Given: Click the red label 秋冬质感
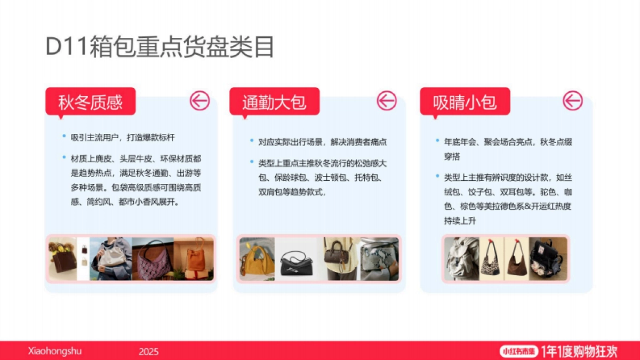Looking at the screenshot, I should click(x=90, y=101).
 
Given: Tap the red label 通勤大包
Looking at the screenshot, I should click(x=274, y=101).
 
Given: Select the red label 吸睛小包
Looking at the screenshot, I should click(x=465, y=101).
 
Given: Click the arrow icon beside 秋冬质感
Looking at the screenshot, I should click(x=200, y=100).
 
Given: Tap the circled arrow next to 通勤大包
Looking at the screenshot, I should click(x=387, y=100).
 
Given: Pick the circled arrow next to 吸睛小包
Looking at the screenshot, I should click(x=573, y=100).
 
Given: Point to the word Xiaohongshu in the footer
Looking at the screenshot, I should click(x=54, y=351).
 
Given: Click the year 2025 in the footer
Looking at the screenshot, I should click(x=148, y=351).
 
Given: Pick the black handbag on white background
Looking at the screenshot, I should click(x=299, y=260).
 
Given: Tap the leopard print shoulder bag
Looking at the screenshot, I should click(x=491, y=259).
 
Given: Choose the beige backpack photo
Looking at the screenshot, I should click(x=461, y=259).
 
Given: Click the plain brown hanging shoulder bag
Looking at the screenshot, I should click(x=516, y=259).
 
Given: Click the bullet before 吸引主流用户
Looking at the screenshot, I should click(x=63, y=137).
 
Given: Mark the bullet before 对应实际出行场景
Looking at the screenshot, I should click(x=251, y=141).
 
